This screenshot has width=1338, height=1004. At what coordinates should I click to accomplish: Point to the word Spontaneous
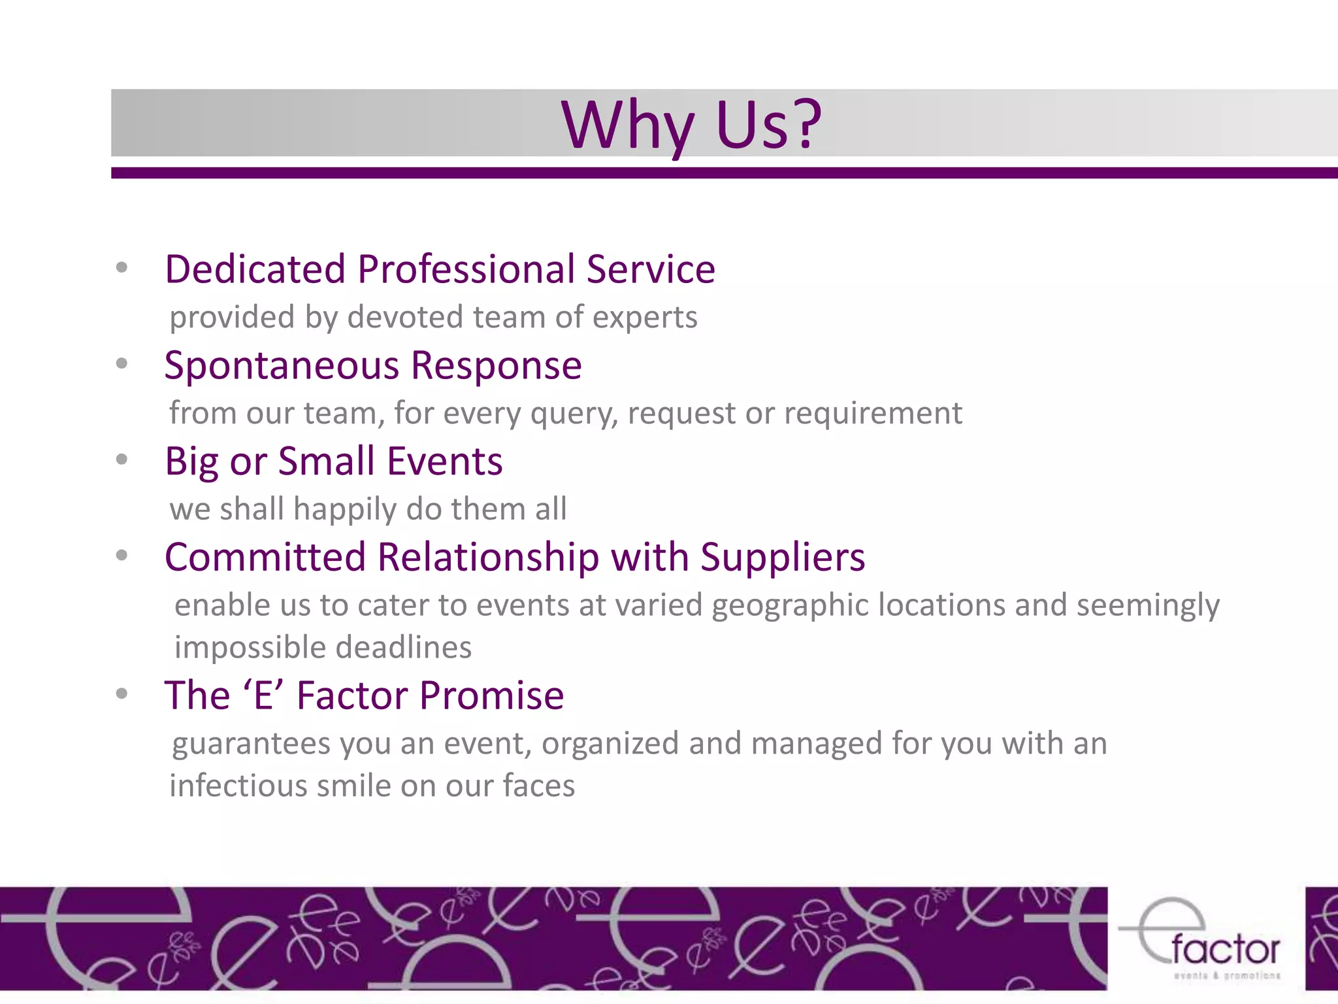[281, 365]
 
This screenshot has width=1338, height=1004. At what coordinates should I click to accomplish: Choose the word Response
[496, 365]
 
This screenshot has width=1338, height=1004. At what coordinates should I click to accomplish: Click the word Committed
[265, 557]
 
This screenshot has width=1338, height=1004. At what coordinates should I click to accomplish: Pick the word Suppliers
[782, 558]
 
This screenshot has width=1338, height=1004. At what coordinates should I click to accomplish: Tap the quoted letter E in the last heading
[263, 695]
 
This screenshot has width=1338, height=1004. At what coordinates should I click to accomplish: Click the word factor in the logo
[1225, 950]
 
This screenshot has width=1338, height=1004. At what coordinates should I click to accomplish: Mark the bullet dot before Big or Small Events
[122, 460]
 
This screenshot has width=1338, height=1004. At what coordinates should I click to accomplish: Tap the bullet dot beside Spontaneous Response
[122, 363]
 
